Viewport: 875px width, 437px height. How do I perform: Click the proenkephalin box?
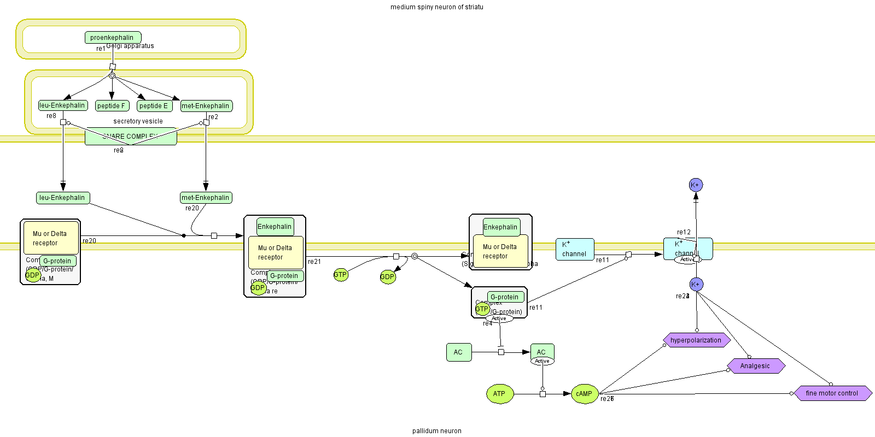(113, 38)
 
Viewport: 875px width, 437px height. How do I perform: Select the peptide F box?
(112, 106)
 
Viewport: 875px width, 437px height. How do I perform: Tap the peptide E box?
(154, 106)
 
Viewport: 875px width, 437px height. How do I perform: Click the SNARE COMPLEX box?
(131, 137)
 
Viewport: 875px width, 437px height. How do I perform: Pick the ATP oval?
(499, 394)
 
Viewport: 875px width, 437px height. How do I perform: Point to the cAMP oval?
(584, 394)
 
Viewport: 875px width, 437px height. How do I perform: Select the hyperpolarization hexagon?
(696, 340)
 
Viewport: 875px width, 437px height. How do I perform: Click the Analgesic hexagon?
(755, 366)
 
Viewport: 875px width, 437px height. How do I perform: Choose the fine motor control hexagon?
(832, 393)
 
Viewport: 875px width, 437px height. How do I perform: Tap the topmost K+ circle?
(696, 185)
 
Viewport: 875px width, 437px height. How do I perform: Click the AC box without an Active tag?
(458, 352)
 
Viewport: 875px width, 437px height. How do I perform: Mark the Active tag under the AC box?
(542, 361)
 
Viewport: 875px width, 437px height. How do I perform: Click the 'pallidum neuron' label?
(436, 431)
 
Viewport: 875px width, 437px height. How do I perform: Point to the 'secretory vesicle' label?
(138, 121)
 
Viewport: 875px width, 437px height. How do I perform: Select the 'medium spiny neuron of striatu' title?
(436, 7)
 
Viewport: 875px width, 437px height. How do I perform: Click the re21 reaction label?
(314, 262)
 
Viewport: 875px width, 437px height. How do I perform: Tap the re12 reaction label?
(684, 232)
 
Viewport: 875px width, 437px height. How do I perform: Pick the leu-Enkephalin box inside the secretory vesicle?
(62, 105)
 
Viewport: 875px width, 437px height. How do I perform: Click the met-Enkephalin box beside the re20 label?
(206, 198)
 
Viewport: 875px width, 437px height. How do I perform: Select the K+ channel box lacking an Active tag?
(574, 249)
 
